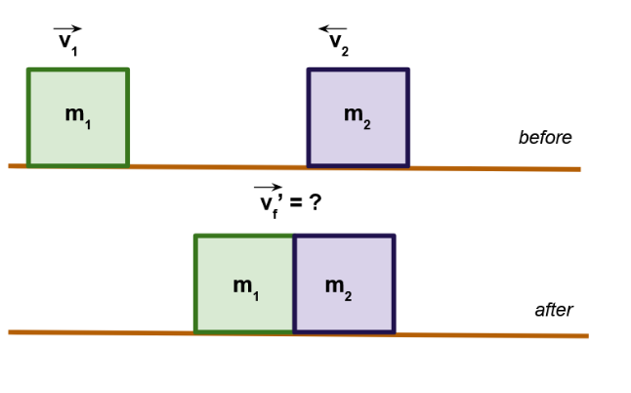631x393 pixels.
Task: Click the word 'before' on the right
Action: pyautogui.click(x=544, y=138)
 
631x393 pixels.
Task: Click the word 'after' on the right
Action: pyautogui.click(x=553, y=310)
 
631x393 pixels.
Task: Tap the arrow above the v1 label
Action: pyautogui.click(x=68, y=30)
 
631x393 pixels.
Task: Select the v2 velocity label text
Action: pyautogui.click(x=337, y=44)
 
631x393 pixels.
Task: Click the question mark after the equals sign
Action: pyautogui.click(x=315, y=204)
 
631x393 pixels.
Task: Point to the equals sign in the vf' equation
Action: pyautogui.click(x=294, y=205)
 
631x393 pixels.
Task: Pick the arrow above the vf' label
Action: pyautogui.click(x=266, y=188)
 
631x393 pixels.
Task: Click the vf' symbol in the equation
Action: pyautogui.click(x=268, y=205)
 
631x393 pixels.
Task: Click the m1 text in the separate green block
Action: pyautogui.click(x=78, y=115)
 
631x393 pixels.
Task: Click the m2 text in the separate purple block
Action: pyautogui.click(x=358, y=115)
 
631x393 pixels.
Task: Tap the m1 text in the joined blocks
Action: pyautogui.click(x=246, y=286)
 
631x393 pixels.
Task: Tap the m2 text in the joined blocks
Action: pyautogui.click(x=338, y=286)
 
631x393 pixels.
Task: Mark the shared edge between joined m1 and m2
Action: pyautogui.click(x=294, y=284)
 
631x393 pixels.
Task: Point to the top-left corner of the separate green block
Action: pyautogui.click(x=28, y=69)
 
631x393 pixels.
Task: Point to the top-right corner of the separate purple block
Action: pyautogui.click(x=407, y=69)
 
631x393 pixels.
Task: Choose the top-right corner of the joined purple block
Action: pyautogui.click(x=394, y=236)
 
